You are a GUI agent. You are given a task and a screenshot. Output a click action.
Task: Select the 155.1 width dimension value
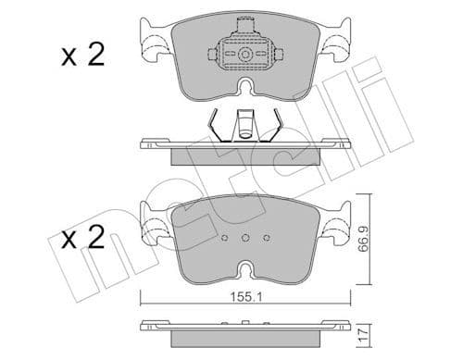[x=246, y=299]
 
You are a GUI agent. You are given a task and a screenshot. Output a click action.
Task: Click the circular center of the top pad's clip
[x=245, y=56]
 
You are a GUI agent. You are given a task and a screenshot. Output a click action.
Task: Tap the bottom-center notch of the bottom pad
[x=245, y=269]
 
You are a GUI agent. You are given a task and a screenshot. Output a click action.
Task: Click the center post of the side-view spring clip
[x=246, y=123]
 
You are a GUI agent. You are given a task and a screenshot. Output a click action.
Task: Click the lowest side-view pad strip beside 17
[x=245, y=329]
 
